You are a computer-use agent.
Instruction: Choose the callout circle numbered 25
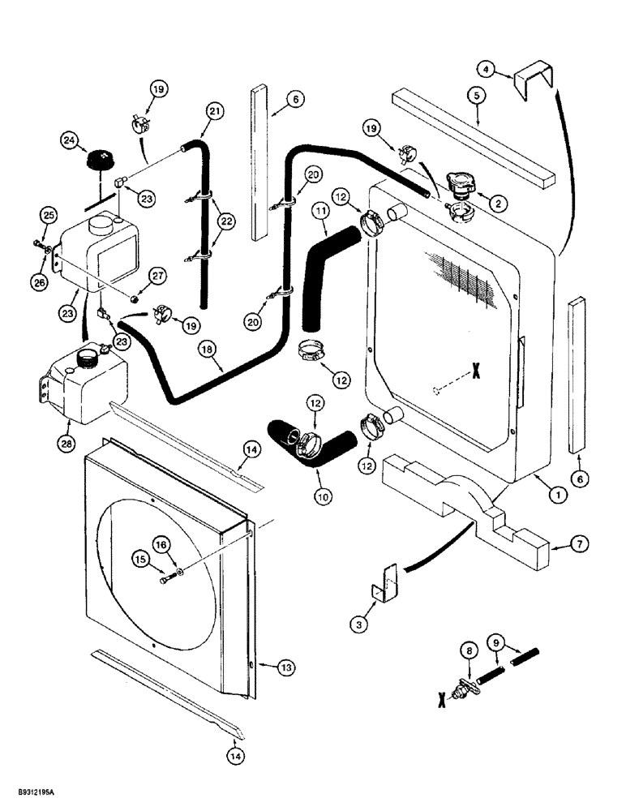coord(48,215)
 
